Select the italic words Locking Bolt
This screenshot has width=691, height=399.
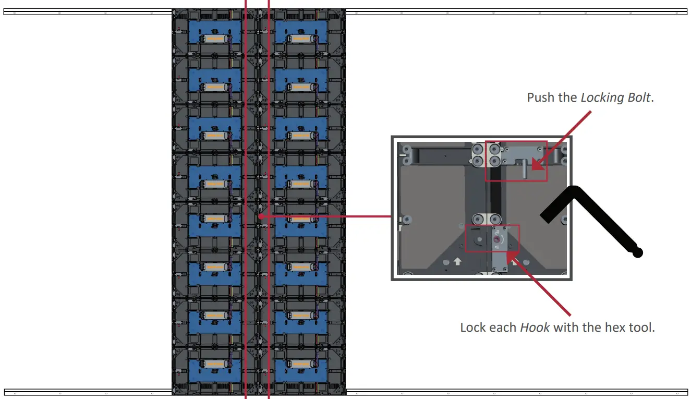coord(615,98)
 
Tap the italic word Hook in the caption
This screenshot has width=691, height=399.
coord(535,328)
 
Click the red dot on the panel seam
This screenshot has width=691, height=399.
coord(260,215)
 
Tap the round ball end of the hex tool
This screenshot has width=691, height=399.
coord(637,253)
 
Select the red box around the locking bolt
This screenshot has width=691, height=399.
coord(516,161)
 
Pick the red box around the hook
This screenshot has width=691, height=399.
coord(492,238)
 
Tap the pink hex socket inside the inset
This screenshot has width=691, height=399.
coord(496,239)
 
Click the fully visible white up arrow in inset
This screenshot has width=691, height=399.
coord(457,261)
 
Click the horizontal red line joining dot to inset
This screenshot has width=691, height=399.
coord(326,215)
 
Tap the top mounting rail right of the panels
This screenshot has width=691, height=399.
coord(516,11)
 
